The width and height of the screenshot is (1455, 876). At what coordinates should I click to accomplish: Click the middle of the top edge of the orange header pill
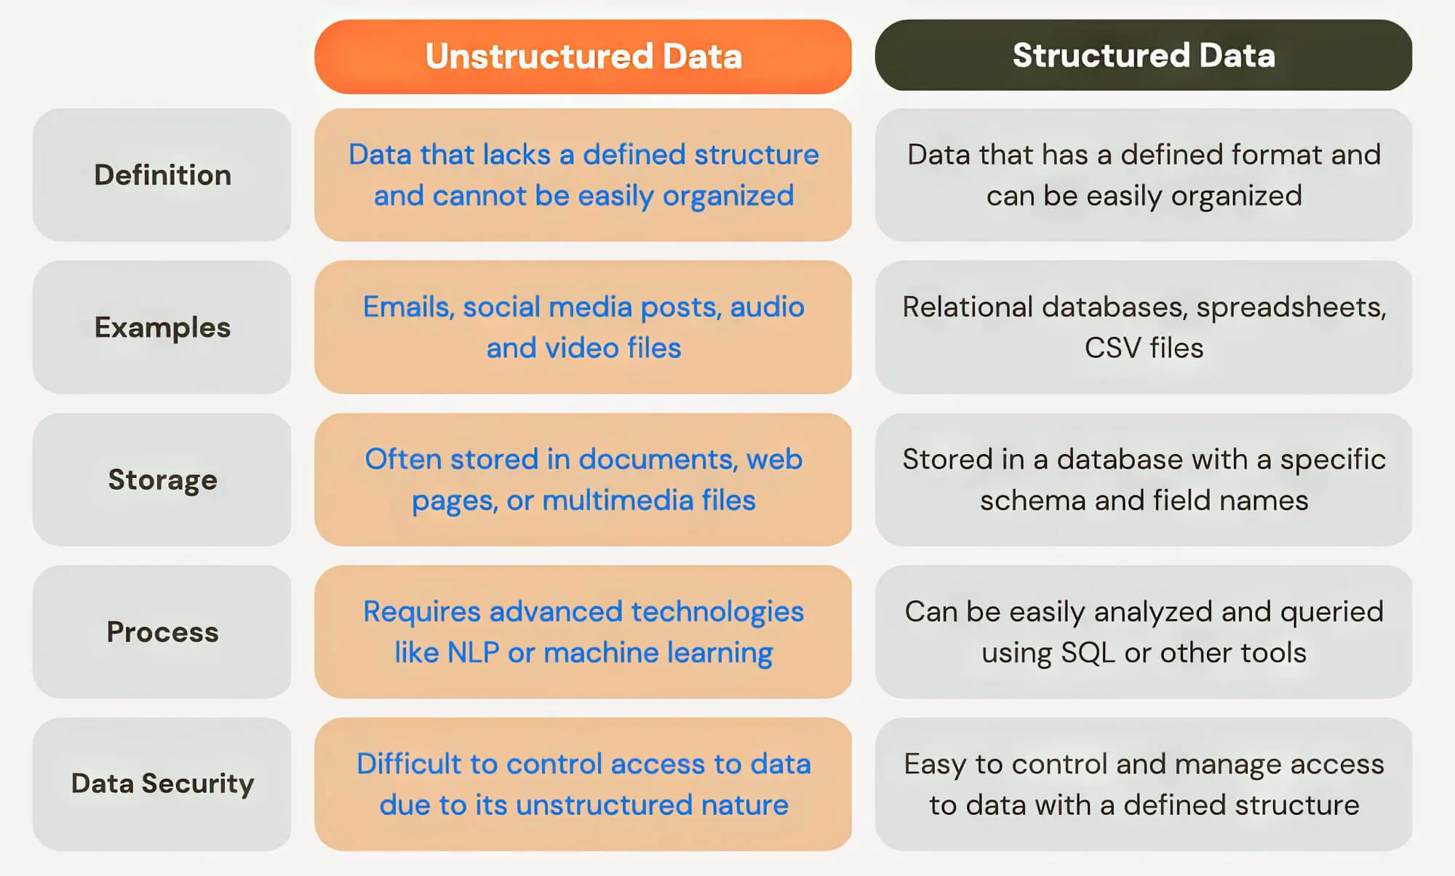[583, 20]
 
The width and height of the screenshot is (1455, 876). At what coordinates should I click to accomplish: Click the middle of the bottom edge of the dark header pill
[1144, 90]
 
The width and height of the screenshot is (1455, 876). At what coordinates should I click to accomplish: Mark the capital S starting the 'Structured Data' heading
[1024, 55]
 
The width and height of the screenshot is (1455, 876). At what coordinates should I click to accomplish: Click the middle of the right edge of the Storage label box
[291, 479]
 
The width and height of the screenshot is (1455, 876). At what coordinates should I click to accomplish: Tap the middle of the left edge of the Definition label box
[33, 175]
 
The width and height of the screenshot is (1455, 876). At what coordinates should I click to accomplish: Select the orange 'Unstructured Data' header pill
[583, 57]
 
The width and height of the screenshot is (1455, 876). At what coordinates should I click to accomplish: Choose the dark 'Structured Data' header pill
[1144, 55]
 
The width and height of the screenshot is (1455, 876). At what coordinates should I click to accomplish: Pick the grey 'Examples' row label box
[162, 327]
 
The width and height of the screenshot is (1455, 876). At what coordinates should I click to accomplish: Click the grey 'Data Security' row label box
[162, 784]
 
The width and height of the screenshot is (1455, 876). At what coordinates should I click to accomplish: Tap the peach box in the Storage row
[583, 479]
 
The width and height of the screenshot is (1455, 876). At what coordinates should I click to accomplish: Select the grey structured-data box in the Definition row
[1144, 175]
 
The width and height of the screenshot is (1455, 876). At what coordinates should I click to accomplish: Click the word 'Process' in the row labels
[162, 632]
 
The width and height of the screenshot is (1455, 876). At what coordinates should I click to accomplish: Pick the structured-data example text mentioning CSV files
[1144, 327]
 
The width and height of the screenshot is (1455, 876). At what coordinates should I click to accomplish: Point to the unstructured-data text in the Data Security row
[583, 784]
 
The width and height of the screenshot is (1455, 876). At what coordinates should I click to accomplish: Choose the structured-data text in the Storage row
[1144, 479]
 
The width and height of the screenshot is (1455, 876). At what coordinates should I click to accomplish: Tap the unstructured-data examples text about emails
[583, 327]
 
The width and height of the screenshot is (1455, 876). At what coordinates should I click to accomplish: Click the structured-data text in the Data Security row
[1144, 784]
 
